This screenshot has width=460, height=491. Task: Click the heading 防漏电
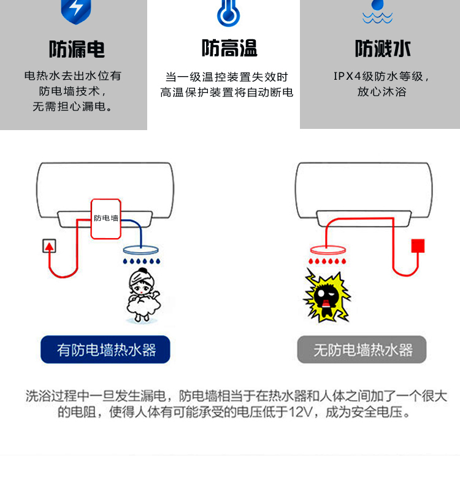[x=77, y=49]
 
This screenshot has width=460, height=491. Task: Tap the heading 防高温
[x=229, y=48]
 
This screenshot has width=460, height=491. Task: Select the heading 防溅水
[x=383, y=48]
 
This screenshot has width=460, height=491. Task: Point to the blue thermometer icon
[x=229, y=12]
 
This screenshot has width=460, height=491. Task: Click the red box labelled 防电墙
[x=106, y=218]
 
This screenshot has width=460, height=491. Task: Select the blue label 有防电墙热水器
[x=105, y=350]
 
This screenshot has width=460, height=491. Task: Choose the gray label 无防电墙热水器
[x=362, y=350]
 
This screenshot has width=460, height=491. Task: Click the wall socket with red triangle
[x=49, y=246]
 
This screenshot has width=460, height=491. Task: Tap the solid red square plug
[x=418, y=245]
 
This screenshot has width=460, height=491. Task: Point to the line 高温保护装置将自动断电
[x=227, y=93]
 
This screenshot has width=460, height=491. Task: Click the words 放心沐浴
[x=381, y=92]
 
